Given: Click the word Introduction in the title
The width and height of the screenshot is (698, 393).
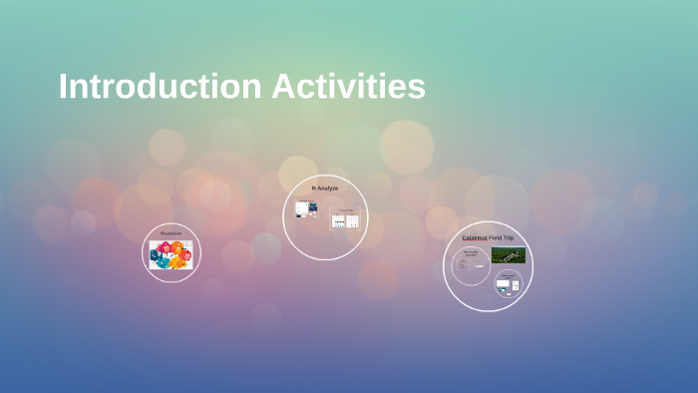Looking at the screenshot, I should (160, 87).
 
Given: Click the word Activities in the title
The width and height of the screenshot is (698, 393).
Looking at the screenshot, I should (348, 87).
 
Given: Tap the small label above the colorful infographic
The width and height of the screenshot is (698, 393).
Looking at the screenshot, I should (171, 234).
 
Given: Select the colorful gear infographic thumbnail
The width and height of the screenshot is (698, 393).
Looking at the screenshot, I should (171, 254).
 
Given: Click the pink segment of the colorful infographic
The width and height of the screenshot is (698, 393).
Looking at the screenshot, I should (166, 246).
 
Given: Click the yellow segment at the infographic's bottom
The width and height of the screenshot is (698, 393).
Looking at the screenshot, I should (175, 264).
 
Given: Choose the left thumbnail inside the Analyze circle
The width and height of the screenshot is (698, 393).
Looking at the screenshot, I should (306, 209).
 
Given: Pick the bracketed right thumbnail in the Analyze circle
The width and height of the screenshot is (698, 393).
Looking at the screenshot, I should (345, 219).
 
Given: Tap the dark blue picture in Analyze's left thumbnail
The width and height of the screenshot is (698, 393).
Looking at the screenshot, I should (311, 208).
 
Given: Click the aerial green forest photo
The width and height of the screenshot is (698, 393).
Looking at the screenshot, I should (508, 254).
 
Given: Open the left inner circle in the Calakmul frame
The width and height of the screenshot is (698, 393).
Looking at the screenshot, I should (471, 266).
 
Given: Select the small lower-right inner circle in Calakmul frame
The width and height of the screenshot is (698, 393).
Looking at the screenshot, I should (508, 283).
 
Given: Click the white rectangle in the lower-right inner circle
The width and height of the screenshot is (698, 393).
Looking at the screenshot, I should (504, 284).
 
